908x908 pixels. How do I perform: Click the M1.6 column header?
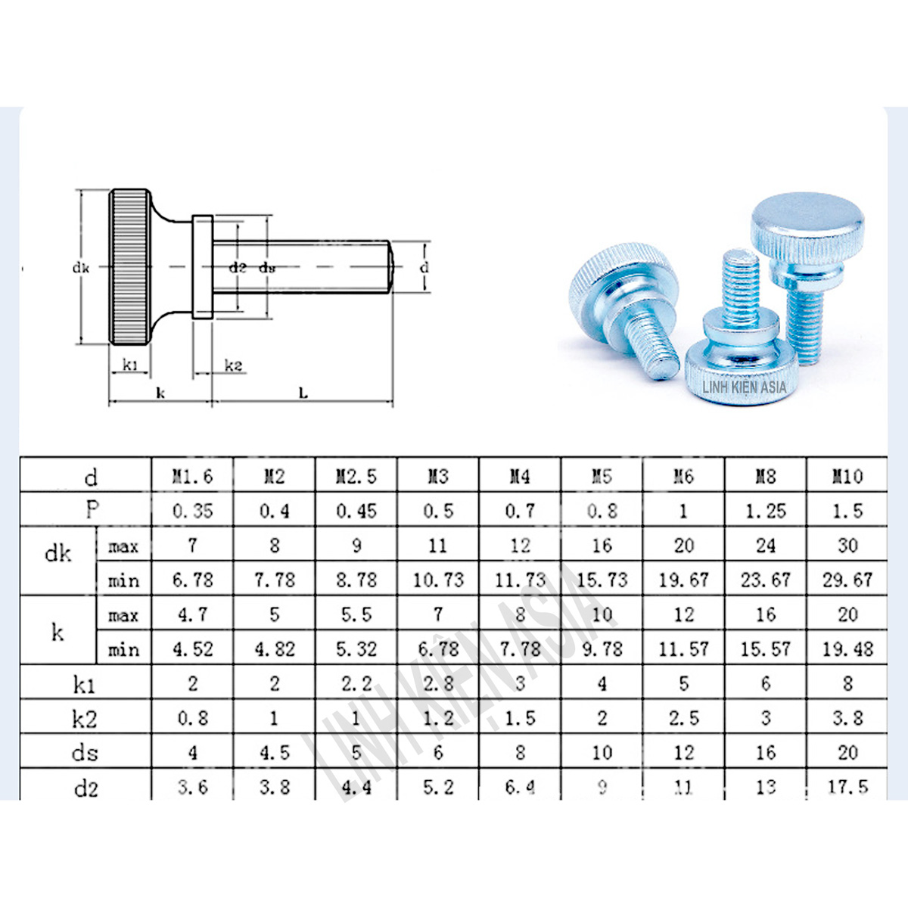(192, 476)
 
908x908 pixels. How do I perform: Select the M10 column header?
(847, 476)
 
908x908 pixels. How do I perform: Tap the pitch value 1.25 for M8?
(765, 511)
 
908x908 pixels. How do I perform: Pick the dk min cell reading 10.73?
(437, 580)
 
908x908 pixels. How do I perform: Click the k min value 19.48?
(847, 648)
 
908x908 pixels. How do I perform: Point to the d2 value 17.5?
(847, 787)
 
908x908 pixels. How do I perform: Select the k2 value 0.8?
(192, 717)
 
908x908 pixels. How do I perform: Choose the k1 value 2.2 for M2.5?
(356, 683)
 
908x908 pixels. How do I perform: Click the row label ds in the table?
(85, 753)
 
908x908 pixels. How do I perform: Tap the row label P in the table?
(92, 510)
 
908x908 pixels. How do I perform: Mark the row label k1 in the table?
(85, 685)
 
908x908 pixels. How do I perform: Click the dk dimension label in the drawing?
(81, 267)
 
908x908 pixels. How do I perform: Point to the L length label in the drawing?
(303, 393)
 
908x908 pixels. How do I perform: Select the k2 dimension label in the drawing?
(234, 366)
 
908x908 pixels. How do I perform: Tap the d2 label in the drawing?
(238, 267)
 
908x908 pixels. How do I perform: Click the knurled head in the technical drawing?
(129, 267)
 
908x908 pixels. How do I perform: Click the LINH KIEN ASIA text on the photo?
(744, 387)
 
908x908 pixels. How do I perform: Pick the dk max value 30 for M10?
(847, 545)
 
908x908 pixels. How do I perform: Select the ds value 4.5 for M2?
(274, 753)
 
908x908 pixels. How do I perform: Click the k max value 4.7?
(192, 614)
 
